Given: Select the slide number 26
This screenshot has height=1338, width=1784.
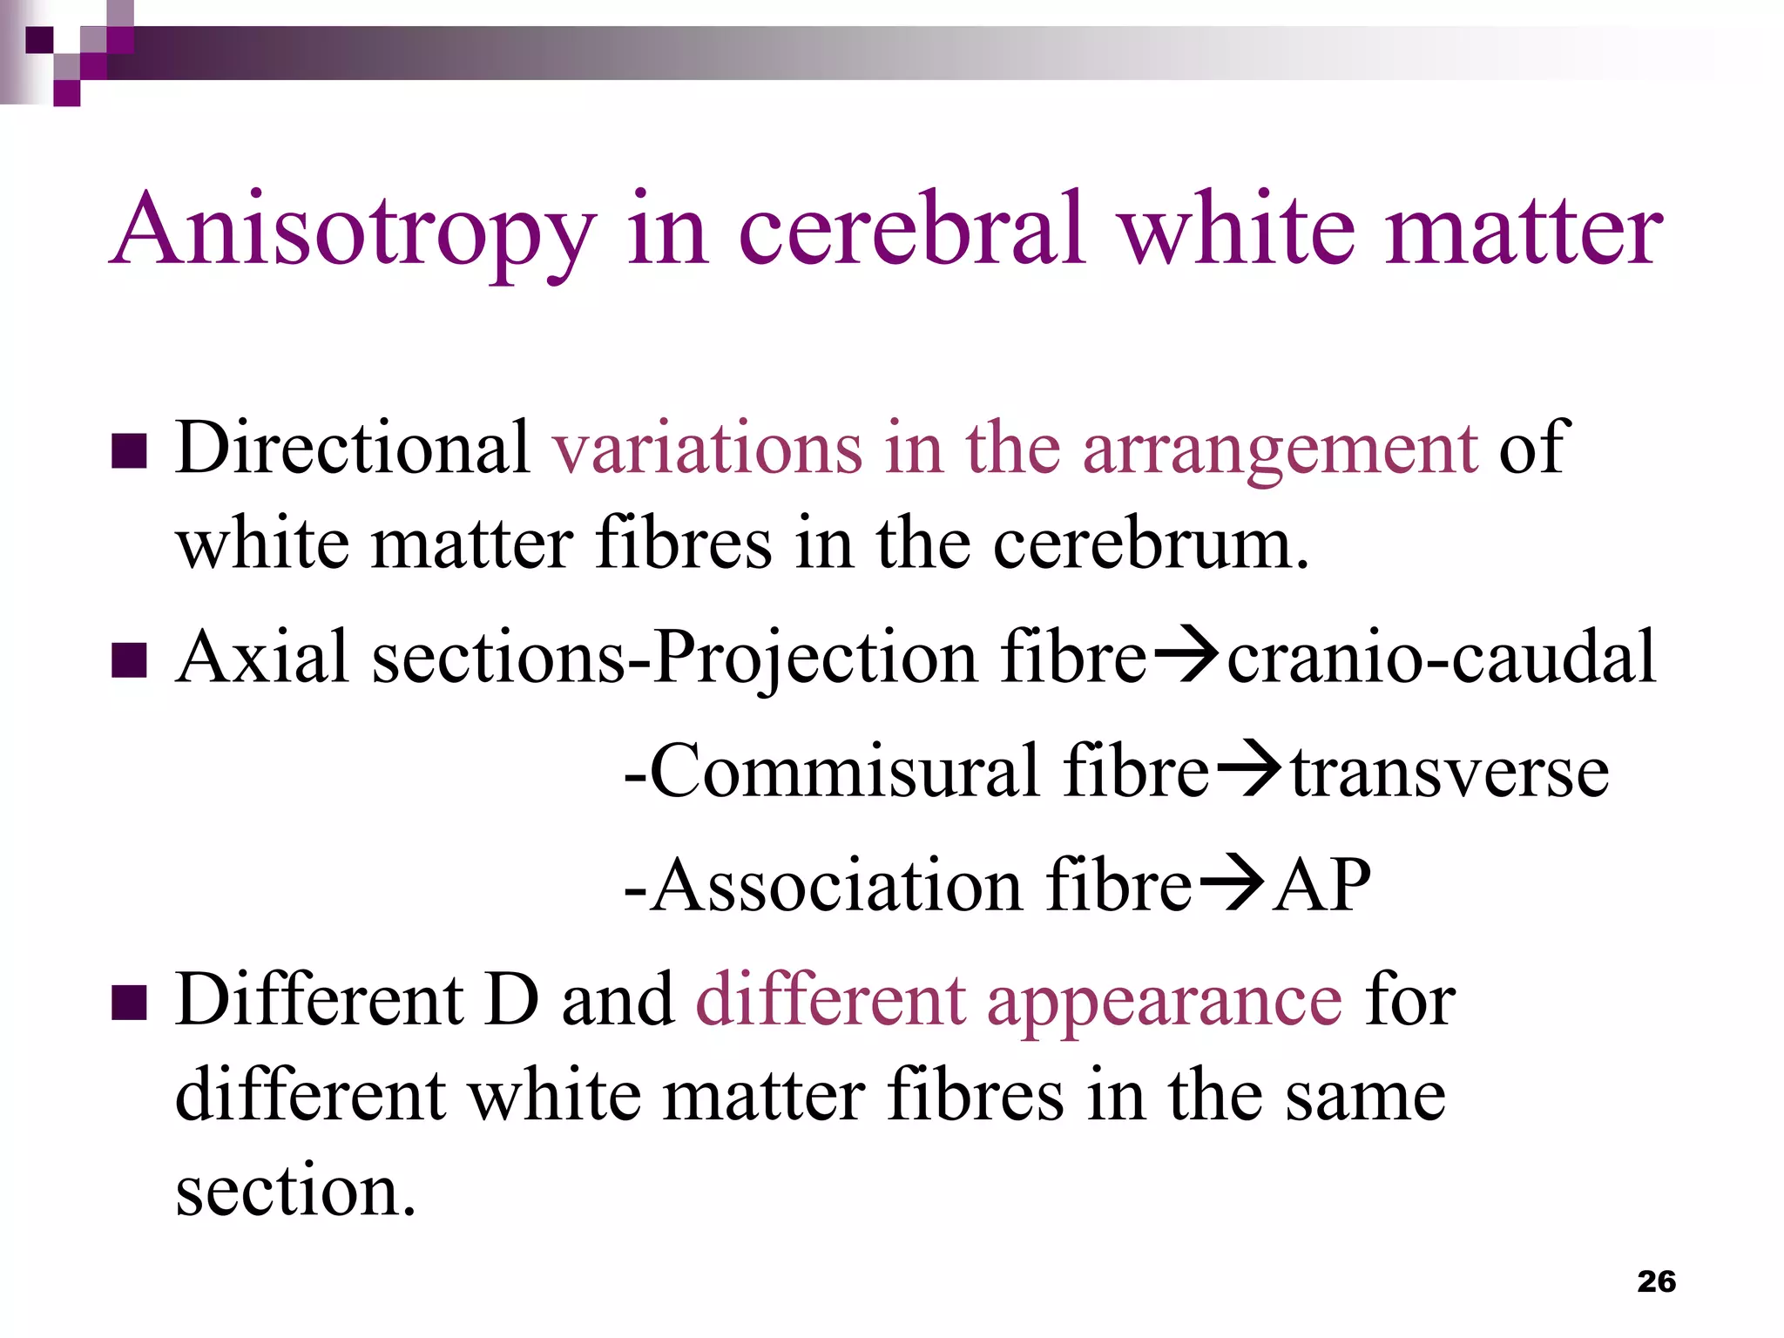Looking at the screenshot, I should click(x=1656, y=1281).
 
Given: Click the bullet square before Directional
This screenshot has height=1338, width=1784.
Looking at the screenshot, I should click(x=129, y=451).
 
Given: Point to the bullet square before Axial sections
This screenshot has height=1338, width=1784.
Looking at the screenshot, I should click(x=129, y=660).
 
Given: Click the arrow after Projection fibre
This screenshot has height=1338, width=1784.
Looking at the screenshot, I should click(x=1186, y=659).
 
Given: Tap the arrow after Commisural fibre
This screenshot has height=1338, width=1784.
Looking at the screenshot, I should click(x=1249, y=772).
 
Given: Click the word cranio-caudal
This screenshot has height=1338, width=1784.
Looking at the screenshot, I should click(x=1441, y=657).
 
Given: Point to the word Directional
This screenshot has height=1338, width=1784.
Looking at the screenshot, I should click(x=353, y=448).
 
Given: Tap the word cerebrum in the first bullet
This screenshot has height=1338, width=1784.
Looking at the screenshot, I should click(x=1150, y=544).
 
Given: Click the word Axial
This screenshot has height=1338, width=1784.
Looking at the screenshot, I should click(x=262, y=657).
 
